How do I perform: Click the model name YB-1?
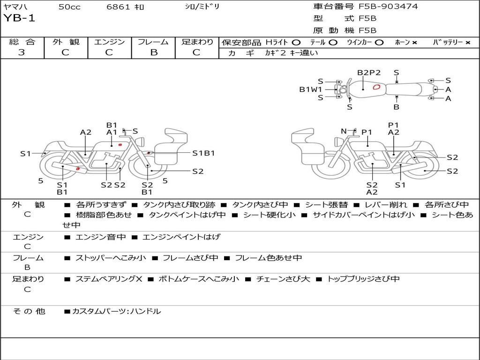19,18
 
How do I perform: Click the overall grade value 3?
22,52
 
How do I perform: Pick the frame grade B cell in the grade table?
153,52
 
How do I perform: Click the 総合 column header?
22,42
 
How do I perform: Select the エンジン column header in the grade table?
109,42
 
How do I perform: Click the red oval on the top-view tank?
376,87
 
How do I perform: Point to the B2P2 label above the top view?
369,73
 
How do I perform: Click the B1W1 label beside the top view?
311,89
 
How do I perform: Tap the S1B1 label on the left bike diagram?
203,153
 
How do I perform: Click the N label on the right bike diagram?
344,131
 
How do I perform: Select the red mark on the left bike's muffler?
78,168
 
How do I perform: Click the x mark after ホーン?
414,42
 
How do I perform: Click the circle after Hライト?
296,42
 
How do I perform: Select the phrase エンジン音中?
101,237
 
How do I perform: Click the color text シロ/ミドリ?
202,7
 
